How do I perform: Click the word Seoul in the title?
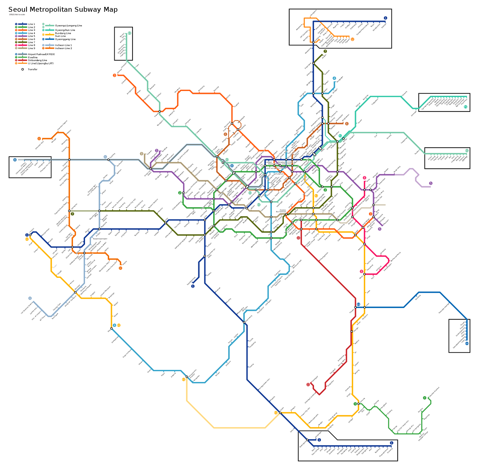[18, 10]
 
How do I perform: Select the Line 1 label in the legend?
[31, 24]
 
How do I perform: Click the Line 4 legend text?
[31, 33]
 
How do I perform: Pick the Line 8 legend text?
[31, 45]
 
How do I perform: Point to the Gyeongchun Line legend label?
[65, 30]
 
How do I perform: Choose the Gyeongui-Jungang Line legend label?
[69, 26]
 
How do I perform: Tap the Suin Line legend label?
[60, 36]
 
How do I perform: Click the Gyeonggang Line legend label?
[65, 39]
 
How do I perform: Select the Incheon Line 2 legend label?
[63, 48]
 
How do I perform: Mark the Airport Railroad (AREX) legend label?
[41, 54]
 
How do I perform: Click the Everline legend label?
[33, 57]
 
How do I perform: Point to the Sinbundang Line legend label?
[37, 60]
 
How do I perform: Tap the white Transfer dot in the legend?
[22, 69]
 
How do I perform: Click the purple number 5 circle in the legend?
[16, 36]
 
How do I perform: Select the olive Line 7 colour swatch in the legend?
[23, 42]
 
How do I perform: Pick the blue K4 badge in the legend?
[43, 39]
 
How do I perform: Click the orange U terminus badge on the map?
[352, 39]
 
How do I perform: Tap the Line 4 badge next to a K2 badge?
[114, 325]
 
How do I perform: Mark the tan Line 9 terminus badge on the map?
[141, 154]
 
